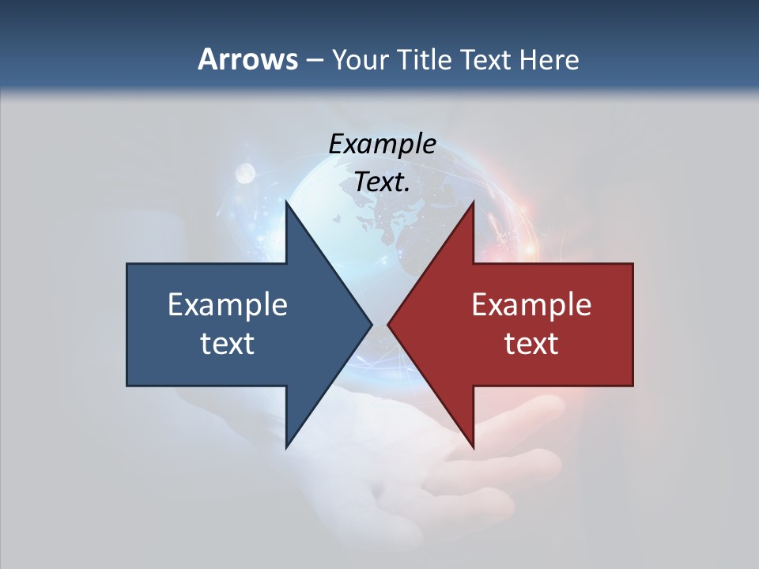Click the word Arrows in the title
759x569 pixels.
click(247, 59)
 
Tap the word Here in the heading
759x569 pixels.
click(548, 59)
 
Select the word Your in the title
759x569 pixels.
click(360, 59)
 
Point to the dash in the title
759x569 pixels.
click(314, 60)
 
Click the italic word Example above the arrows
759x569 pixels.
click(382, 144)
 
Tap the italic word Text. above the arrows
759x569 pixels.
click(382, 183)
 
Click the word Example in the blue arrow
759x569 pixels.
click(228, 304)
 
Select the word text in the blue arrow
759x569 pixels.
click(228, 343)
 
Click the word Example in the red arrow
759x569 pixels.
click(531, 304)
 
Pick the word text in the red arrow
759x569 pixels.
click(531, 343)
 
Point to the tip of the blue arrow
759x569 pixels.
click(371, 324)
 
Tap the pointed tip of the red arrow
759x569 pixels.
click(389, 324)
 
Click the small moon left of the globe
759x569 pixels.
click(244, 171)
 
